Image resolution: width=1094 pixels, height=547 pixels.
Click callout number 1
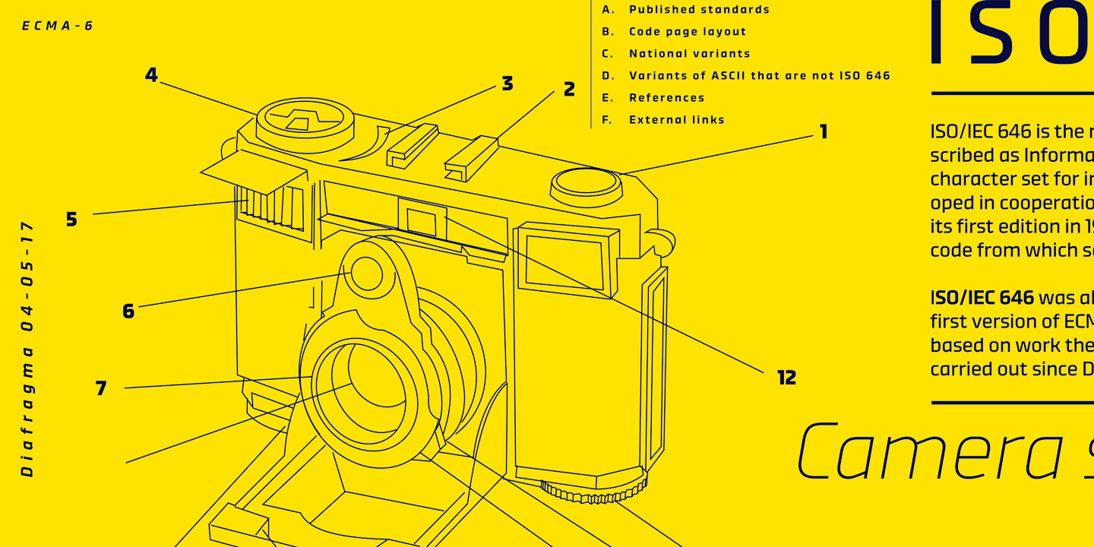823,132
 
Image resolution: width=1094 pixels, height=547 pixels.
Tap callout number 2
569,90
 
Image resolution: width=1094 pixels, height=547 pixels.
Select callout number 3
507,84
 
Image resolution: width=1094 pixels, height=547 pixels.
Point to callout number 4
151,75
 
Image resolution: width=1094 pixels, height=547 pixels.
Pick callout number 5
71,220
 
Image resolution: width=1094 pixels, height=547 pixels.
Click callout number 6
128,311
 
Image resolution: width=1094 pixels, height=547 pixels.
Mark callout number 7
101,389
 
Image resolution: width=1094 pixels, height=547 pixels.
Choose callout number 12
786,378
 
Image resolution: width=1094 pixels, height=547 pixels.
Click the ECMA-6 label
58,26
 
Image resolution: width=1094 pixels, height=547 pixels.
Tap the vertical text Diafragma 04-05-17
27,349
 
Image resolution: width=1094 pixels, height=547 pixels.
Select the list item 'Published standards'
699,10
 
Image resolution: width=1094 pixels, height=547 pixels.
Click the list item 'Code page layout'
688,32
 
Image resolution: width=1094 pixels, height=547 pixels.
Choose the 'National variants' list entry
689,54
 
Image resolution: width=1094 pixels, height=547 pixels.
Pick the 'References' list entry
666,98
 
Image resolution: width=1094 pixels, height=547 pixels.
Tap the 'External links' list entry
676,120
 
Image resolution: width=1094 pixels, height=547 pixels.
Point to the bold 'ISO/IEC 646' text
982,298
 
